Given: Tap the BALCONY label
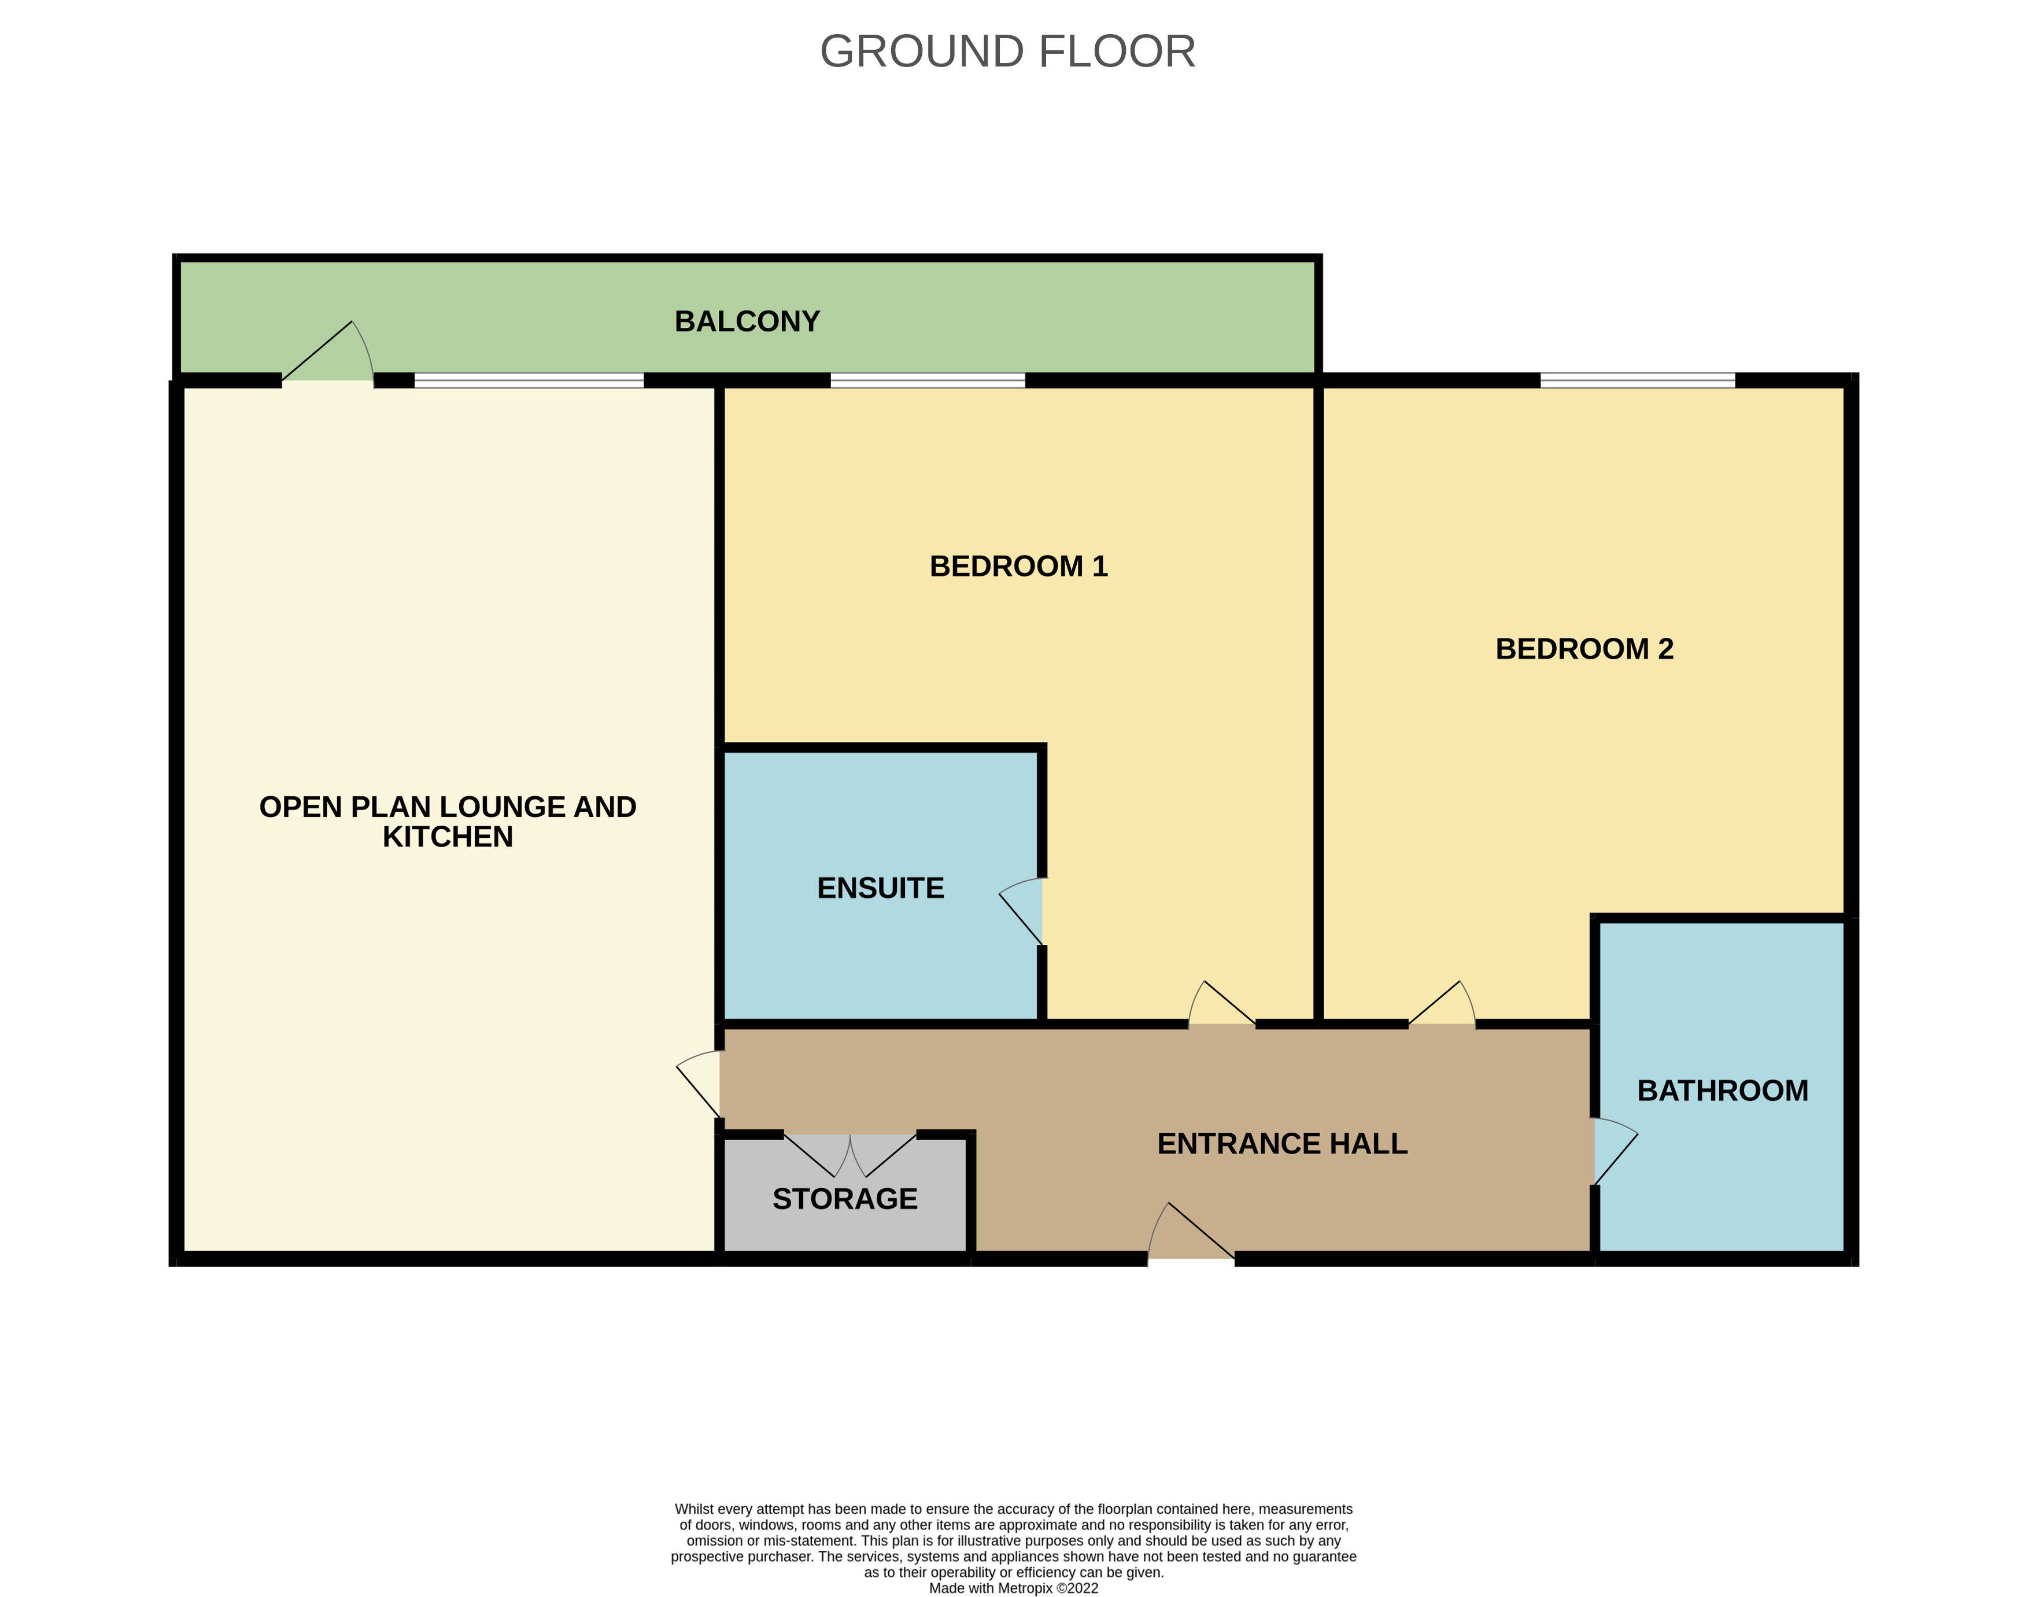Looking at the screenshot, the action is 747,321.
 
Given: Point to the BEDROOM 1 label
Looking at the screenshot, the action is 1018,567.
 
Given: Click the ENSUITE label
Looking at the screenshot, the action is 881,888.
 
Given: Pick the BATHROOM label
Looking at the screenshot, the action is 1722,1090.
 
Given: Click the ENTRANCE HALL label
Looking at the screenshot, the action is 1282,1144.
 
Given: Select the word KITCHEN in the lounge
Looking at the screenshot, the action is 448,837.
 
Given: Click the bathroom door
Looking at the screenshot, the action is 1616,1151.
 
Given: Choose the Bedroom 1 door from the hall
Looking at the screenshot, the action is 1222,1003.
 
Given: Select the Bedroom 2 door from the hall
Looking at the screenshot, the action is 1442,1003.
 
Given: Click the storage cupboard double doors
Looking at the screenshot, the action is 850,1156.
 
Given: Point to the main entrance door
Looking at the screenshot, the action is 1191,1230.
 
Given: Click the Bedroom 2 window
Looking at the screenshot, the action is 1637,380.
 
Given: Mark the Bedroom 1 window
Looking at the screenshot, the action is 928,380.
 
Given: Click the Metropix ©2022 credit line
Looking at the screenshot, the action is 1014,1588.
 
